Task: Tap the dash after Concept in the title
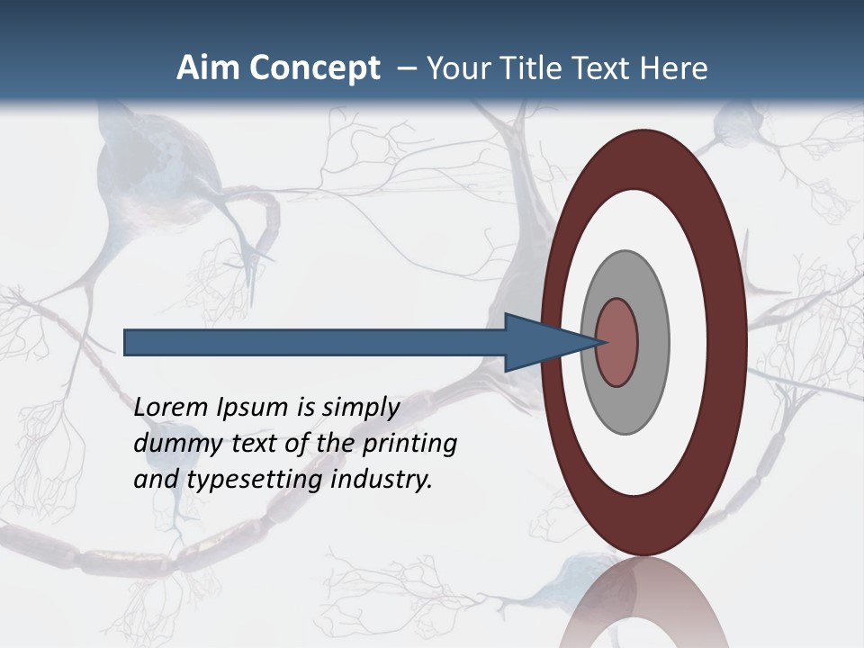(406, 68)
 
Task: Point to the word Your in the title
(457, 68)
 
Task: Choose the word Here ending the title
(674, 68)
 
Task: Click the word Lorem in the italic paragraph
(171, 408)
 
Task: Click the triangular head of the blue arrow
(541, 342)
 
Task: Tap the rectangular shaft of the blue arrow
(315, 342)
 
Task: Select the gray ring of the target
(652, 342)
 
